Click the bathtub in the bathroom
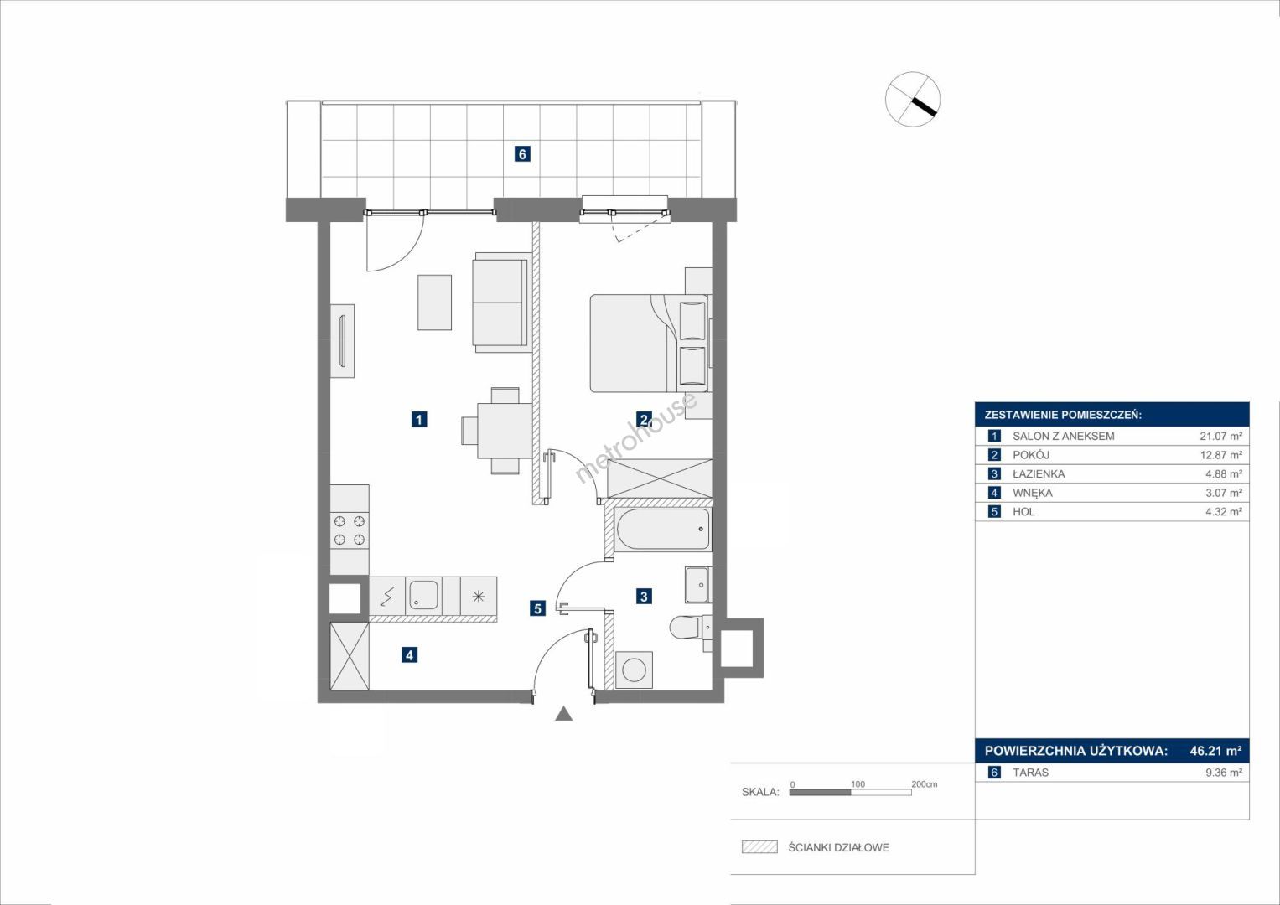663,529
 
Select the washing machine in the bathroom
635,670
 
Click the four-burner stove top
350,530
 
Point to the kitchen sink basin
422,595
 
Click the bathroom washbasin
697,585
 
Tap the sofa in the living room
500,303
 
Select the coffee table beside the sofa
434,303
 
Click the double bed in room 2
649,343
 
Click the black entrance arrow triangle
564,713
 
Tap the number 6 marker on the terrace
521,153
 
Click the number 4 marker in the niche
409,654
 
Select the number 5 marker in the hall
537,608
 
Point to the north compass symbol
913,99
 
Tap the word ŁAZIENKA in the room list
1039,473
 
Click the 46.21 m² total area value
1215,751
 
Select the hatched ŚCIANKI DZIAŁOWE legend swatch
759,847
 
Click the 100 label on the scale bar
858,783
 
